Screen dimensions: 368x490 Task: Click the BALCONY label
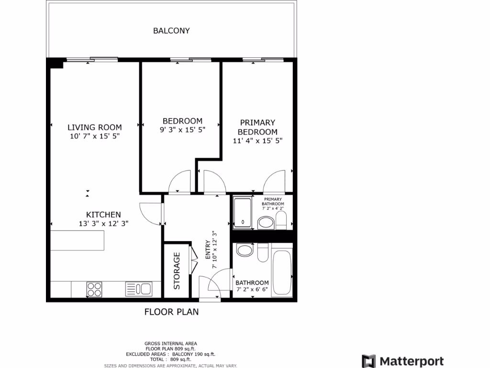(171, 31)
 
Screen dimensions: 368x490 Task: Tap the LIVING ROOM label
(94, 127)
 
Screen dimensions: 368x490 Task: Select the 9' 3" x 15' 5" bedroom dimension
(182, 130)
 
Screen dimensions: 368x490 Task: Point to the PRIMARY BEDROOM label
(257, 127)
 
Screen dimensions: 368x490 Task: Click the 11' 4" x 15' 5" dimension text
(257, 141)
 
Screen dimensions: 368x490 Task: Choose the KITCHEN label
(103, 215)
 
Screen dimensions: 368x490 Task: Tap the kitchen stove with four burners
(94, 289)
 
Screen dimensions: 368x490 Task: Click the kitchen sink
(138, 289)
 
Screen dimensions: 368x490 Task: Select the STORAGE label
(177, 271)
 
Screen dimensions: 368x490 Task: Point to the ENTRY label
(208, 250)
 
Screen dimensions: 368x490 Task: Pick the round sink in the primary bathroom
(265, 222)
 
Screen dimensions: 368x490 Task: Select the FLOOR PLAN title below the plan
(171, 312)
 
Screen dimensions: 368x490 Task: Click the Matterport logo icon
(368, 361)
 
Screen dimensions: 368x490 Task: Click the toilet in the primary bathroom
(281, 220)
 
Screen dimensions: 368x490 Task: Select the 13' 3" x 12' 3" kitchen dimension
(103, 223)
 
